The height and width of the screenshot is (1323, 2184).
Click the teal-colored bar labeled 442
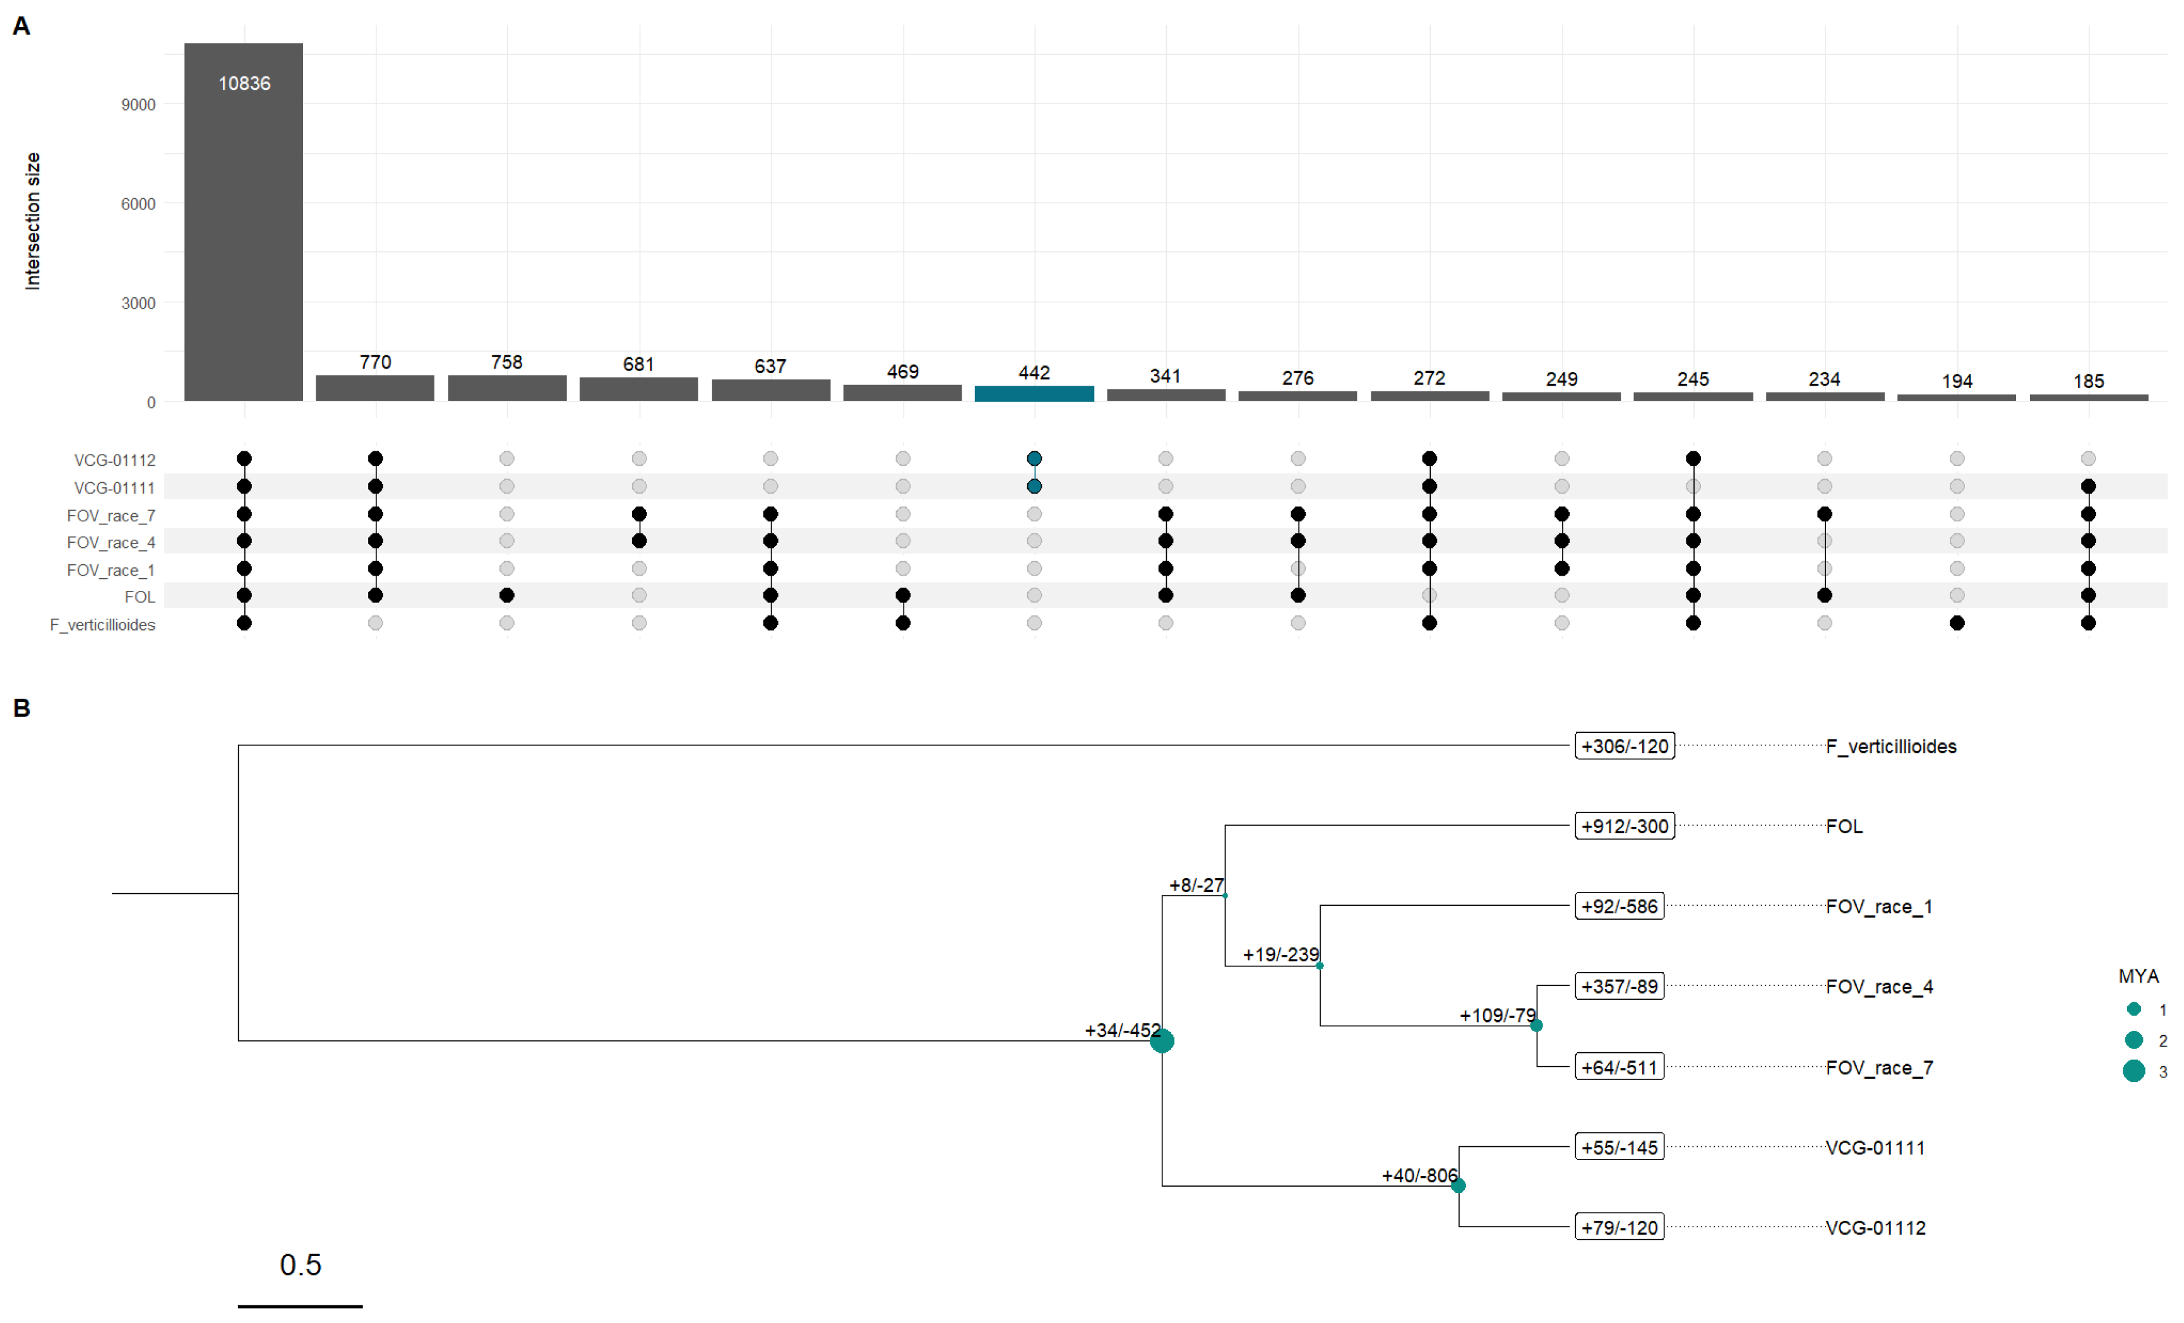1034,393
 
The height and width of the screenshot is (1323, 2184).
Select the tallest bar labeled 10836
244,222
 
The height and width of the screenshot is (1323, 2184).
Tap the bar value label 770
375,362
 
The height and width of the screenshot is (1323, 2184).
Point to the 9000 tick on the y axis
138,105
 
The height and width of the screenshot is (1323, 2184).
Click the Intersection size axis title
33,221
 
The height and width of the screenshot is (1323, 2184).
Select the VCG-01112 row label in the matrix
114,460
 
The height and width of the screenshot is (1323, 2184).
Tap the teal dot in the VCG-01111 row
1034,487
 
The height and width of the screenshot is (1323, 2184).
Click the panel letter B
21,708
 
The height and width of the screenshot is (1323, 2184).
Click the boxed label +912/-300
1624,826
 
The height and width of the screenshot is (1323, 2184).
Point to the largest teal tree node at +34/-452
1161,1041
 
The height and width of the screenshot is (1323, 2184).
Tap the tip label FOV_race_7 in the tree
1878,1068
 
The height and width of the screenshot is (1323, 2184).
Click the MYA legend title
2137,976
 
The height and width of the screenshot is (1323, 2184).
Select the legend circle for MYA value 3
2133,1071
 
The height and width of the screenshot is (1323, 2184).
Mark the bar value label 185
2087,381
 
